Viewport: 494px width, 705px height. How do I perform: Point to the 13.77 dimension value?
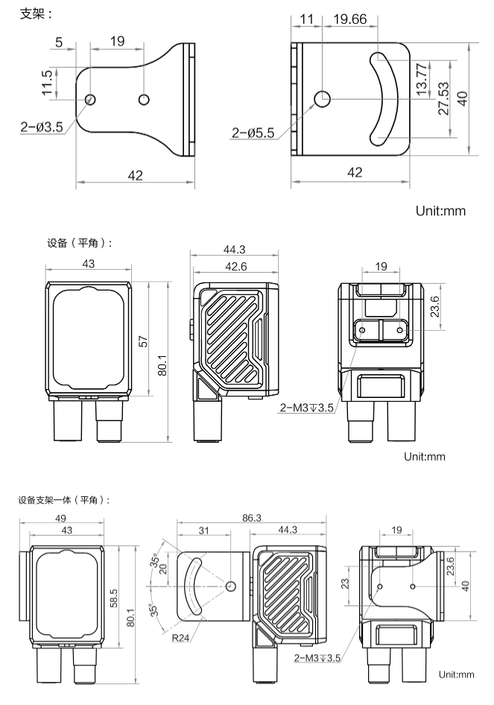tap(422, 78)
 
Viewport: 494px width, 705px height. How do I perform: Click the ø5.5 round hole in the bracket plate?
tap(323, 98)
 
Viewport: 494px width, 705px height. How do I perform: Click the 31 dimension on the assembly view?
tap(204, 530)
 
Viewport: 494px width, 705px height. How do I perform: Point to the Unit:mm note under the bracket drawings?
tap(441, 211)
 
